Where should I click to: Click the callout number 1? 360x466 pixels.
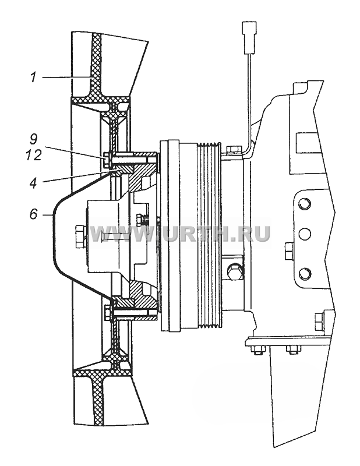[x=33, y=78]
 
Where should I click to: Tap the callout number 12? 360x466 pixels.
[x=33, y=155]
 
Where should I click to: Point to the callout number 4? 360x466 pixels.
[x=33, y=183]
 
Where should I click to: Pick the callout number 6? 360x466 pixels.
[x=33, y=214]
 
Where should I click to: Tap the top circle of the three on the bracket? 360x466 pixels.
[x=305, y=204]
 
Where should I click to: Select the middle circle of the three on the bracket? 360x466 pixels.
[x=305, y=234]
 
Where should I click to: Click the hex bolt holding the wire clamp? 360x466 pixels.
[x=234, y=150]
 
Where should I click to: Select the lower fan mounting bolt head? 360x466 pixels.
[x=108, y=314]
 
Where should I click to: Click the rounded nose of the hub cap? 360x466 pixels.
[x=55, y=234]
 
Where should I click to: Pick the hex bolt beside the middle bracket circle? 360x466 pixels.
[x=289, y=251]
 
